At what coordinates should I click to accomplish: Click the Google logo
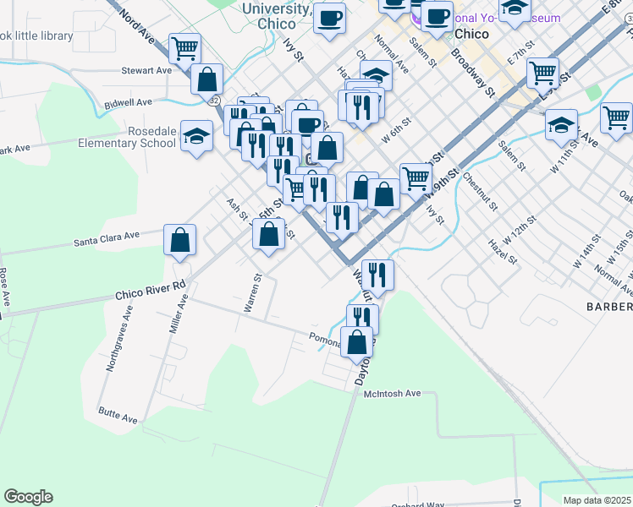click(x=28, y=497)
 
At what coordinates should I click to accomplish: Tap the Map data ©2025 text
click(x=597, y=500)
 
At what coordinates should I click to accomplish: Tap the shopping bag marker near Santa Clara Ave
click(x=180, y=241)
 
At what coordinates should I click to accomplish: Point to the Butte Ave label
click(x=118, y=414)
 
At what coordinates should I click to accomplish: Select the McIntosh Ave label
click(x=392, y=394)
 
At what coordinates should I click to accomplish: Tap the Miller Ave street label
click(x=179, y=313)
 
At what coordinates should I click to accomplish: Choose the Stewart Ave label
click(x=146, y=71)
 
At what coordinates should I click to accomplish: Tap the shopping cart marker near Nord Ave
click(x=184, y=49)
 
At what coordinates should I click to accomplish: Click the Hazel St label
click(x=502, y=251)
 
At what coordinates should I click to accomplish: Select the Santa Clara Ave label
click(x=107, y=239)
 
